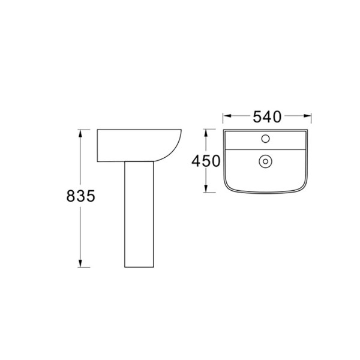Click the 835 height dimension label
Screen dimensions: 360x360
click(x=80, y=196)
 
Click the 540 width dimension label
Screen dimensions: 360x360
click(x=267, y=116)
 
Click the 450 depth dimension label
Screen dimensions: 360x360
click(x=206, y=161)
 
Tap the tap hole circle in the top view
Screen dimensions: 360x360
click(x=265, y=139)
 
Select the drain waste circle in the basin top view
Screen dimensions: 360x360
click(x=265, y=161)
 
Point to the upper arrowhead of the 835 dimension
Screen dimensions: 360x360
click(x=80, y=133)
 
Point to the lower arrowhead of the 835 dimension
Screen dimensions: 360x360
click(x=80, y=263)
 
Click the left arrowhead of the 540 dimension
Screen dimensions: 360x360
click(x=227, y=116)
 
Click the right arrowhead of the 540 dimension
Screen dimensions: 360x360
click(x=307, y=116)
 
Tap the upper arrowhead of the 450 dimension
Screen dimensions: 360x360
click(x=206, y=133)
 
